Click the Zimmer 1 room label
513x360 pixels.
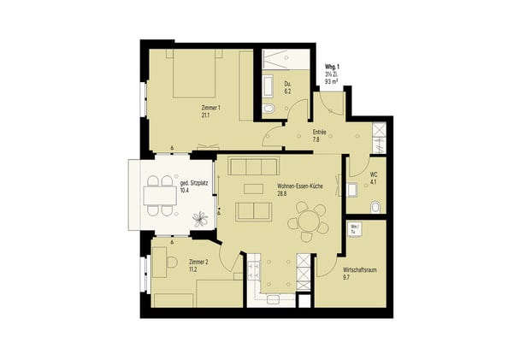[210, 108]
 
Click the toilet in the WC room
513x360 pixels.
[375, 206]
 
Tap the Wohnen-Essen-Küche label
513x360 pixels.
[299, 187]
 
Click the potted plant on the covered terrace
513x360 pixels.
[203, 218]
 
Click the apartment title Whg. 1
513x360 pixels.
[334, 67]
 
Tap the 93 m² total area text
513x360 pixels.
[333, 81]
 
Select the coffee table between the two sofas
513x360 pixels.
[254, 188]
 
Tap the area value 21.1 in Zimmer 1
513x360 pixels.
[206, 115]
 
